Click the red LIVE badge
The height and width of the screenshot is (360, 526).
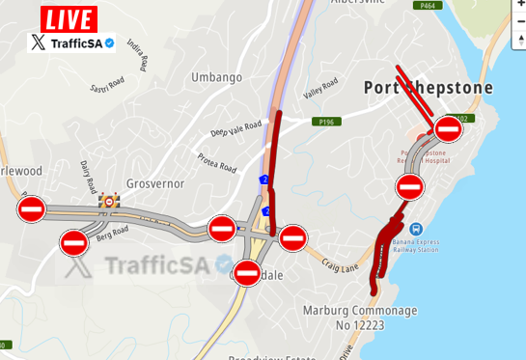[x=69, y=18]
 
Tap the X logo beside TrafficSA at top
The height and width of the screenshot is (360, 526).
[x=38, y=42]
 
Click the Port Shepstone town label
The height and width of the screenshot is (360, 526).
[x=428, y=88]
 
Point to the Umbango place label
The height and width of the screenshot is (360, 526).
[x=216, y=77]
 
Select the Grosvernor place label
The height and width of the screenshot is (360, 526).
[x=154, y=182]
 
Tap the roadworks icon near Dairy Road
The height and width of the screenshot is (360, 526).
[x=110, y=201]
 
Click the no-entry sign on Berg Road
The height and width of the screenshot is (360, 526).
[x=74, y=242]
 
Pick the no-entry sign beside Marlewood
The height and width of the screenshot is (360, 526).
[x=32, y=208]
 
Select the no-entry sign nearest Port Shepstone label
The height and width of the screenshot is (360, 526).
[x=448, y=128]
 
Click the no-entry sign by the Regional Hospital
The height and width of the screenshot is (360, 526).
[x=409, y=186]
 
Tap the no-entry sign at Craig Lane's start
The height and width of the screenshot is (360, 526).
[x=293, y=236]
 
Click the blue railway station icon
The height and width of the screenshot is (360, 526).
[x=417, y=229]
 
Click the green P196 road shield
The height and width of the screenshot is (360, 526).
[x=325, y=122]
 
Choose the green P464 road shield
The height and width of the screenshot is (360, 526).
[x=429, y=5]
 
